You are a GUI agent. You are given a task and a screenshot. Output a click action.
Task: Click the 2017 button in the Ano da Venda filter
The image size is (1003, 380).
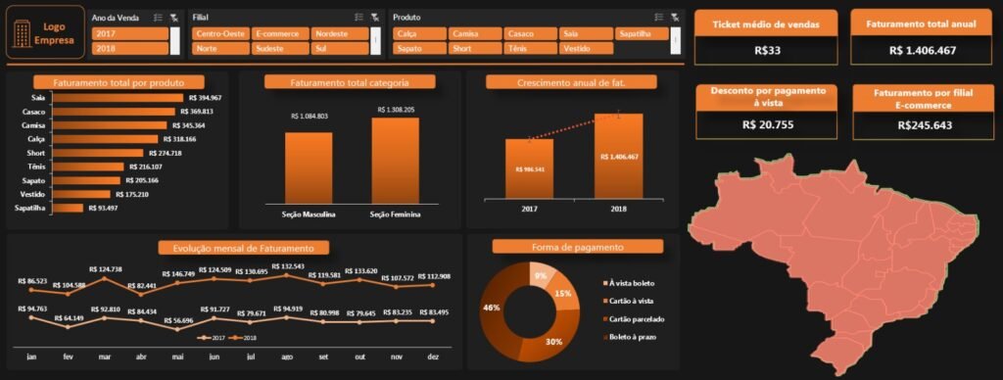129,33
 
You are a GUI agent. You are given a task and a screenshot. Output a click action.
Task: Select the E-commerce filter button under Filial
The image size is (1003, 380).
279,33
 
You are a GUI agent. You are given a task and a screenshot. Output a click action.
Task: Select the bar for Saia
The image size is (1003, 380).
117,98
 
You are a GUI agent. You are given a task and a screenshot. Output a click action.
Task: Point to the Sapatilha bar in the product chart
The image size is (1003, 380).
69,208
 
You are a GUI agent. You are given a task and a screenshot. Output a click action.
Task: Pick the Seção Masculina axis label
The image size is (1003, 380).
309,214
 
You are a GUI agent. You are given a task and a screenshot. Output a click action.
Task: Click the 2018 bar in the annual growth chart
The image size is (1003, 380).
619,157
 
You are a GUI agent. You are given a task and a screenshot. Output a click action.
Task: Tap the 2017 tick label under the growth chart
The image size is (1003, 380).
529,210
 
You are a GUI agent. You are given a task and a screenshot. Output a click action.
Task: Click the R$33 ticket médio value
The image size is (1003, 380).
767,50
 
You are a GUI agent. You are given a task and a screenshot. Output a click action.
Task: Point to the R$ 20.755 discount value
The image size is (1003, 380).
767,124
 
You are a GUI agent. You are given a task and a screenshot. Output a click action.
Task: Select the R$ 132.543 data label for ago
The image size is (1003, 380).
286,266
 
